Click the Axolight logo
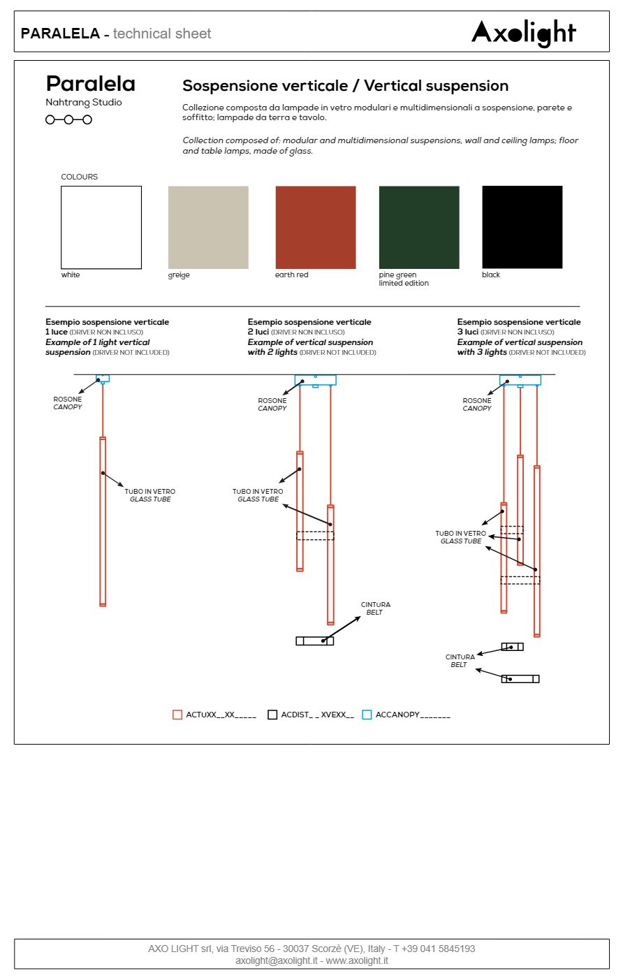pyautogui.click(x=523, y=32)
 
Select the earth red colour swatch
pyautogui.click(x=316, y=227)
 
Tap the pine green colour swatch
pyautogui.click(x=419, y=227)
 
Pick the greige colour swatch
pyautogui.click(x=208, y=227)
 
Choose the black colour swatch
pyautogui.click(x=522, y=227)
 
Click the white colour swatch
pyautogui.click(x=101, y=227)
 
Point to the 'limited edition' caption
pyautogui.click(x=404, y=284)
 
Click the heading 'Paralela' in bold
pyautogui.click(x=91, y=84)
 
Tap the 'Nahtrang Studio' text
pyautogui.click(x=84, y=103)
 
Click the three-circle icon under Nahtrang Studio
pyautogui.click(x=68, y=119)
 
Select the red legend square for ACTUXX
pyautogui.click(x=177, y=715)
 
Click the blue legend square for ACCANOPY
pyautogui.click(x=367, y=715)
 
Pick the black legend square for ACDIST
pyautogui.click(x=272, y=715)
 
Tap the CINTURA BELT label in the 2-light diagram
pyautogui.click(x=375, y=608)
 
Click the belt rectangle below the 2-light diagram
pyautogui.click(x=314, y=641)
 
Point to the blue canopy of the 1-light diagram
pyautogui.click(x=103, y=378)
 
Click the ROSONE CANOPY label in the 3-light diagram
pyautogui.click(x=477, y=404)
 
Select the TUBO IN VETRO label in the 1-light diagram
pyautogui.click(x=150, y=495)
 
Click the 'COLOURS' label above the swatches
pyautogui.click(x=80, y=177)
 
